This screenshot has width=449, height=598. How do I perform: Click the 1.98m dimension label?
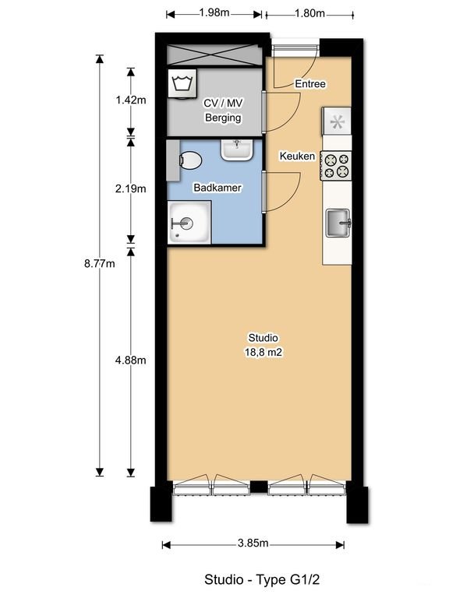tap(214, 13)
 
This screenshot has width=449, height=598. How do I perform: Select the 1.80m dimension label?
tap(309, 13)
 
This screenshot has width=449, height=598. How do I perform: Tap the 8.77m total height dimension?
tap(99, 264)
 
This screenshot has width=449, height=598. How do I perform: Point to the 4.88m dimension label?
tap(130, 360)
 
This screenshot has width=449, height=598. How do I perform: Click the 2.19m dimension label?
tap(130, 188)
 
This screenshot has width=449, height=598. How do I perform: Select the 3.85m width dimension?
tap(253, 543)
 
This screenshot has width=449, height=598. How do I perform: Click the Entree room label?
tap(309, 84)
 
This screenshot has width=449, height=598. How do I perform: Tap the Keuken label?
tap(298, 157)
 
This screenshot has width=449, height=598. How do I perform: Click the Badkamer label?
tap(217, 188)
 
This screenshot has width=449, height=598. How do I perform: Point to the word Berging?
tap(222, 118)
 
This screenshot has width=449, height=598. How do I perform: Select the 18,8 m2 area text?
tap(263, 352)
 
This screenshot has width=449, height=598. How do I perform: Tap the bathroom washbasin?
tap(235, 148)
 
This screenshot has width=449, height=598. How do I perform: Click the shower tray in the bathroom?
tap(189, 223)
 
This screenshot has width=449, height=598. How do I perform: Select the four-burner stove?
tap(338, 166)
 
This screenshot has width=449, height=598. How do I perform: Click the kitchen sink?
tap(338, 224)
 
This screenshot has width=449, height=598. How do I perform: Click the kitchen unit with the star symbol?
tap(338, 121)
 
